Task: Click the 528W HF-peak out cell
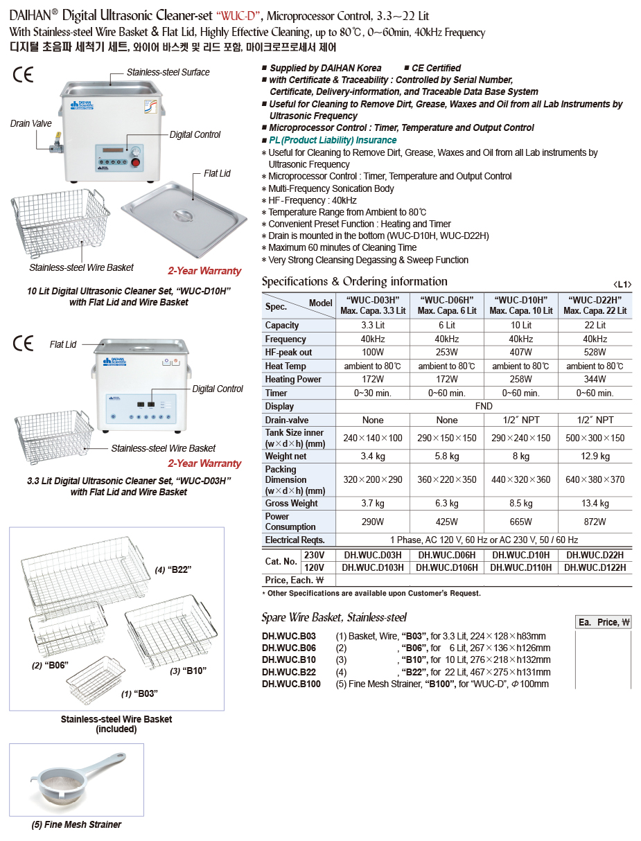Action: tap(595, 353)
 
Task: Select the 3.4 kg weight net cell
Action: tap(372, 457)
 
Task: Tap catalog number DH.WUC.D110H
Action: tap(520, 567)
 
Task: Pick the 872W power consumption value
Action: tap(595, 522)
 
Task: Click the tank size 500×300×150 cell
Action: tap(595, 438)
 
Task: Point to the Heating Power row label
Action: tap(293, 380)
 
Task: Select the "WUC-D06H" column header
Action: tap(447, 306)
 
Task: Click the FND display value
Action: tap(484, 407)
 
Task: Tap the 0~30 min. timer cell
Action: tap(372, 393)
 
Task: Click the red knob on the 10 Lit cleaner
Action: tap(137, 163)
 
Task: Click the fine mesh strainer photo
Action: tap(76, 779)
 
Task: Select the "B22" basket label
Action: tap(173, 569)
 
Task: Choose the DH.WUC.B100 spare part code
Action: tap(291, 684)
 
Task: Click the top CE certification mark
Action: tap(23, 75)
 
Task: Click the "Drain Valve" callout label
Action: tap(31, 123)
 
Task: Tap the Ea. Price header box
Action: tap(604, 622)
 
